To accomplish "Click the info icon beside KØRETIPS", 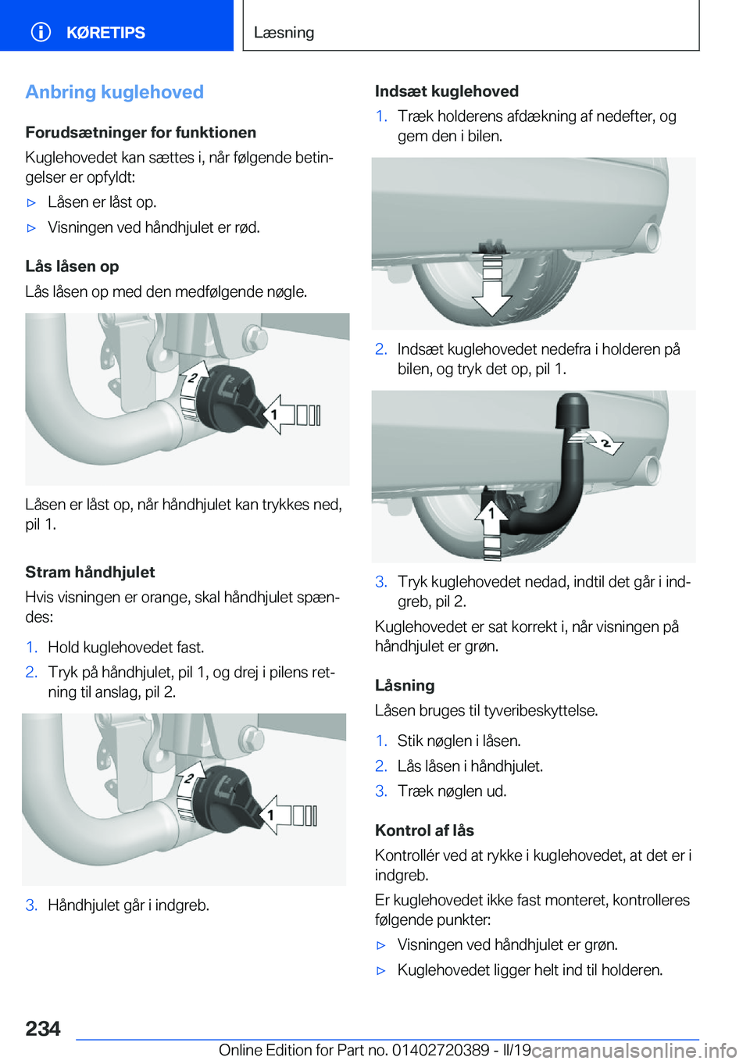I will click(41, 32).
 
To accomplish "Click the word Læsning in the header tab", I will click(284, 33).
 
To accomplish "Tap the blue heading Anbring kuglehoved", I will click(114, 92).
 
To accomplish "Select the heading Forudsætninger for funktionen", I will click(141, 132).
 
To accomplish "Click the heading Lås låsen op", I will click(72, 266).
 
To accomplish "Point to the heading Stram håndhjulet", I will click(90, 572).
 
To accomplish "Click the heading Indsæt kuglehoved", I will click(446, 91).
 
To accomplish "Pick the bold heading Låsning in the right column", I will click(405, 685).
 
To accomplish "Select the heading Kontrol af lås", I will click(424, 830).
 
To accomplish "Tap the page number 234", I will click(43, 1028).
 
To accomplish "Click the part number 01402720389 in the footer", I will click(441, 1050).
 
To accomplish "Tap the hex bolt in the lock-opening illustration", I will click(255, 339).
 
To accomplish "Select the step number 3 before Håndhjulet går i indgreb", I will click(31, 905).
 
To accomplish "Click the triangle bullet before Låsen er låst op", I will click(32, 202).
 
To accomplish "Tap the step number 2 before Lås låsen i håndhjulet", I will click(380, 766).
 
